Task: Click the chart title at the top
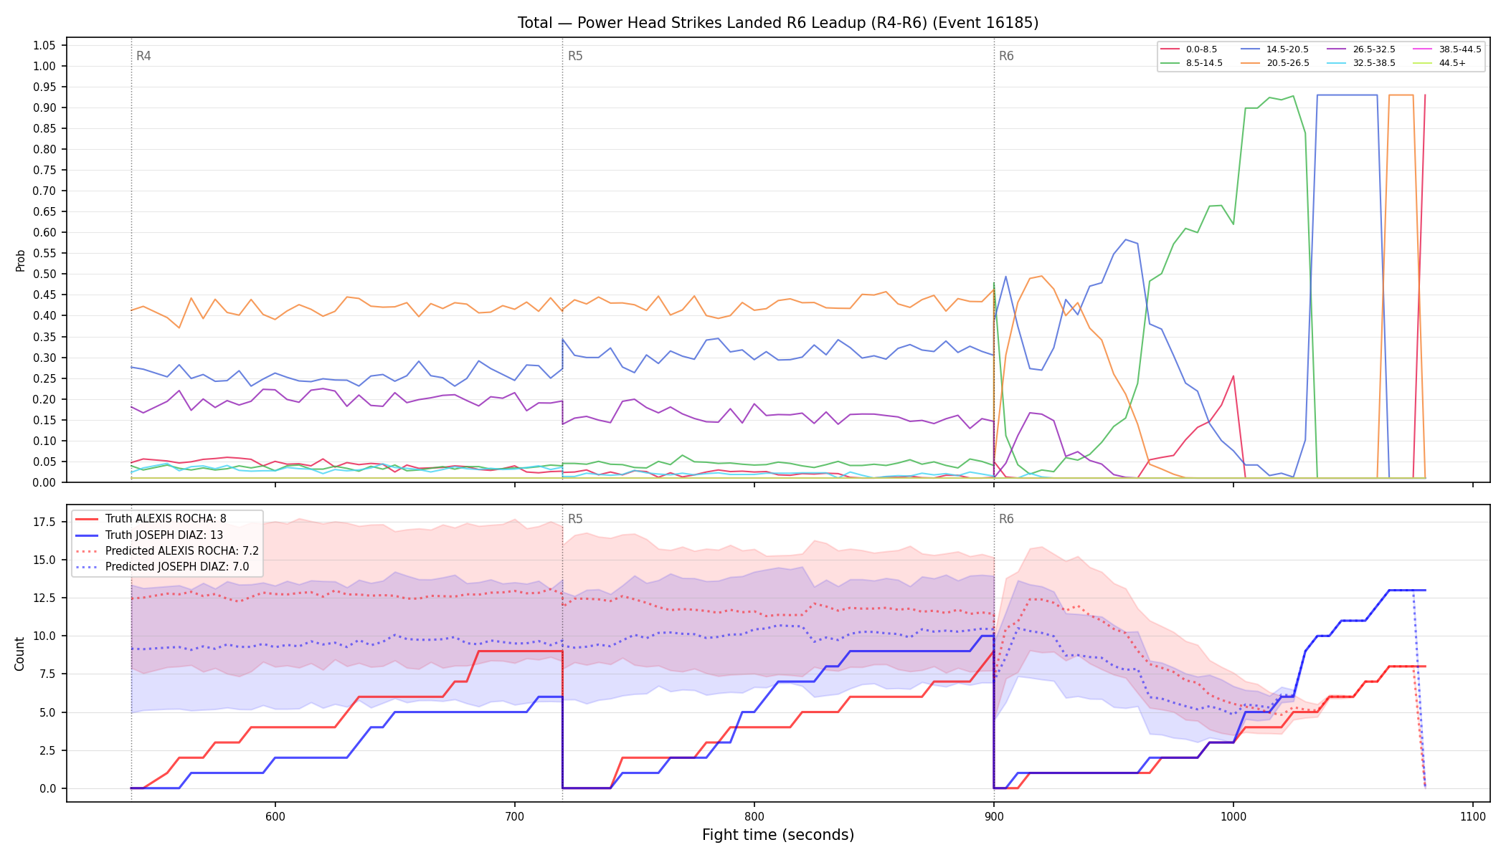point(778,23)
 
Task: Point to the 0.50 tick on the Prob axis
point(44,274)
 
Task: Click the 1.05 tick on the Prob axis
point(44,45)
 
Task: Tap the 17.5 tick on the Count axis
point(44,522)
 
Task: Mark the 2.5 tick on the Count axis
point(47,750)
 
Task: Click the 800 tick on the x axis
point(754,816)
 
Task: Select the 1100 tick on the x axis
point(1472,816)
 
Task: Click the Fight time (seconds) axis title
point(778,835)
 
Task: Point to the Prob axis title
point(20,260)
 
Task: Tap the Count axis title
point(19,654)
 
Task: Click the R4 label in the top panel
point(143,56)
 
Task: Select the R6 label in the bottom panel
point(1006,519)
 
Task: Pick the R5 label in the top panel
point(575,56)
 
